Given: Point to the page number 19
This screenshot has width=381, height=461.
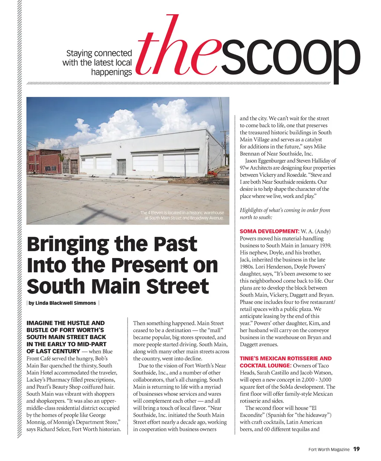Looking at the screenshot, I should [x=356, y=449].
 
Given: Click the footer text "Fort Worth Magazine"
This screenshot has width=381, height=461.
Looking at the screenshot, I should [x=329, y=449].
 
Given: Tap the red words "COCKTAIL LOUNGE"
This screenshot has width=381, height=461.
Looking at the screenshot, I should [x=264, y=366].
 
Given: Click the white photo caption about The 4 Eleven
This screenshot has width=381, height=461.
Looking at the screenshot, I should [x=182, y=215].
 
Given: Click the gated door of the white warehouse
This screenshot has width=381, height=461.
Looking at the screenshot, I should [x=121, y=167].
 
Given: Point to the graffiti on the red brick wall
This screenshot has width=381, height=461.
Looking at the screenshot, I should [x=51, y=169].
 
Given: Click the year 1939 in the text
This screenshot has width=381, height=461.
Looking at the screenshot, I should [x=323, y=246].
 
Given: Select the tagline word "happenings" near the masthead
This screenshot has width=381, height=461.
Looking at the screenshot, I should [x=111, y=72].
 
